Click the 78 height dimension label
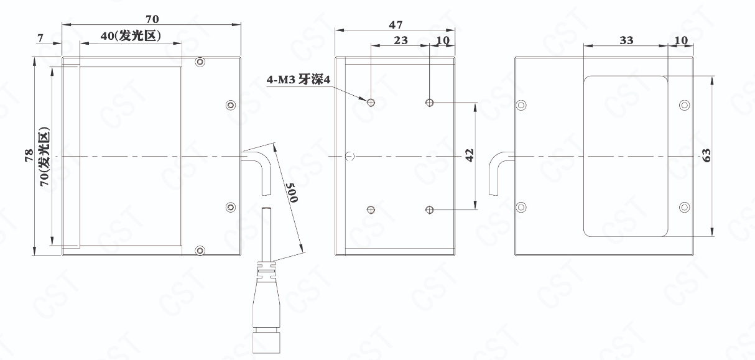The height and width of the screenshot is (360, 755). (x=29, y=155)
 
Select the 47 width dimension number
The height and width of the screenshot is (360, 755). (x=396, y=25)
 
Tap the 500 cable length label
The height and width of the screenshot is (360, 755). (x=292, y=193)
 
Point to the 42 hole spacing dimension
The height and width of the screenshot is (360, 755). (x=470, y=155)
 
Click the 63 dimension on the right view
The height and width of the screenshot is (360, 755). (x=706, y=155)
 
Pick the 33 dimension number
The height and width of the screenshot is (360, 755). (x=627, y=40)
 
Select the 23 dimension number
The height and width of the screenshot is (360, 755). (x=401, y=40)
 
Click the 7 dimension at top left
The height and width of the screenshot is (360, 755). (x=40, y=38)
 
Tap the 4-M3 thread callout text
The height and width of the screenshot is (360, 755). (x=299, y=80)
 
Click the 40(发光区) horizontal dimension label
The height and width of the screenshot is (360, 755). (x=131, y=35)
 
